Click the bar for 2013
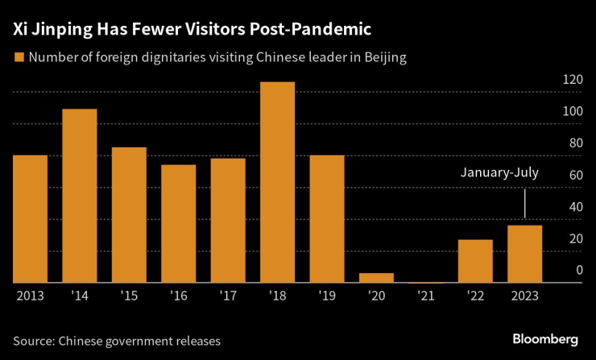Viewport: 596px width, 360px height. click(30, 218)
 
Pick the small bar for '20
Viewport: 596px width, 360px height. click(376, 278)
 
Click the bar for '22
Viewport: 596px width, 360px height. click(475, 261)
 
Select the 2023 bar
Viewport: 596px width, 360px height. click(524, 254)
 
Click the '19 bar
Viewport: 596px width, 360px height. click(327, 218)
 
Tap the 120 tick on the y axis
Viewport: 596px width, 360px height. click(573, 80)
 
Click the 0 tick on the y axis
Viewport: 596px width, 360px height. click(578, 271)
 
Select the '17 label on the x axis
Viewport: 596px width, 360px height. click(228, 296)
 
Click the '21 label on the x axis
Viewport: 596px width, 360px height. click(426, 296)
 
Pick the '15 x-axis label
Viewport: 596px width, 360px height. click(129, 296)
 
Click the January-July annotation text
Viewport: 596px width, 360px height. click(499, 172)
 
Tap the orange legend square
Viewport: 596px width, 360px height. click(18, 57)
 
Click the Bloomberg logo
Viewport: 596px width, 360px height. click(546, 337)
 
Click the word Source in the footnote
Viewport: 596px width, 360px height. click(34, 340)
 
